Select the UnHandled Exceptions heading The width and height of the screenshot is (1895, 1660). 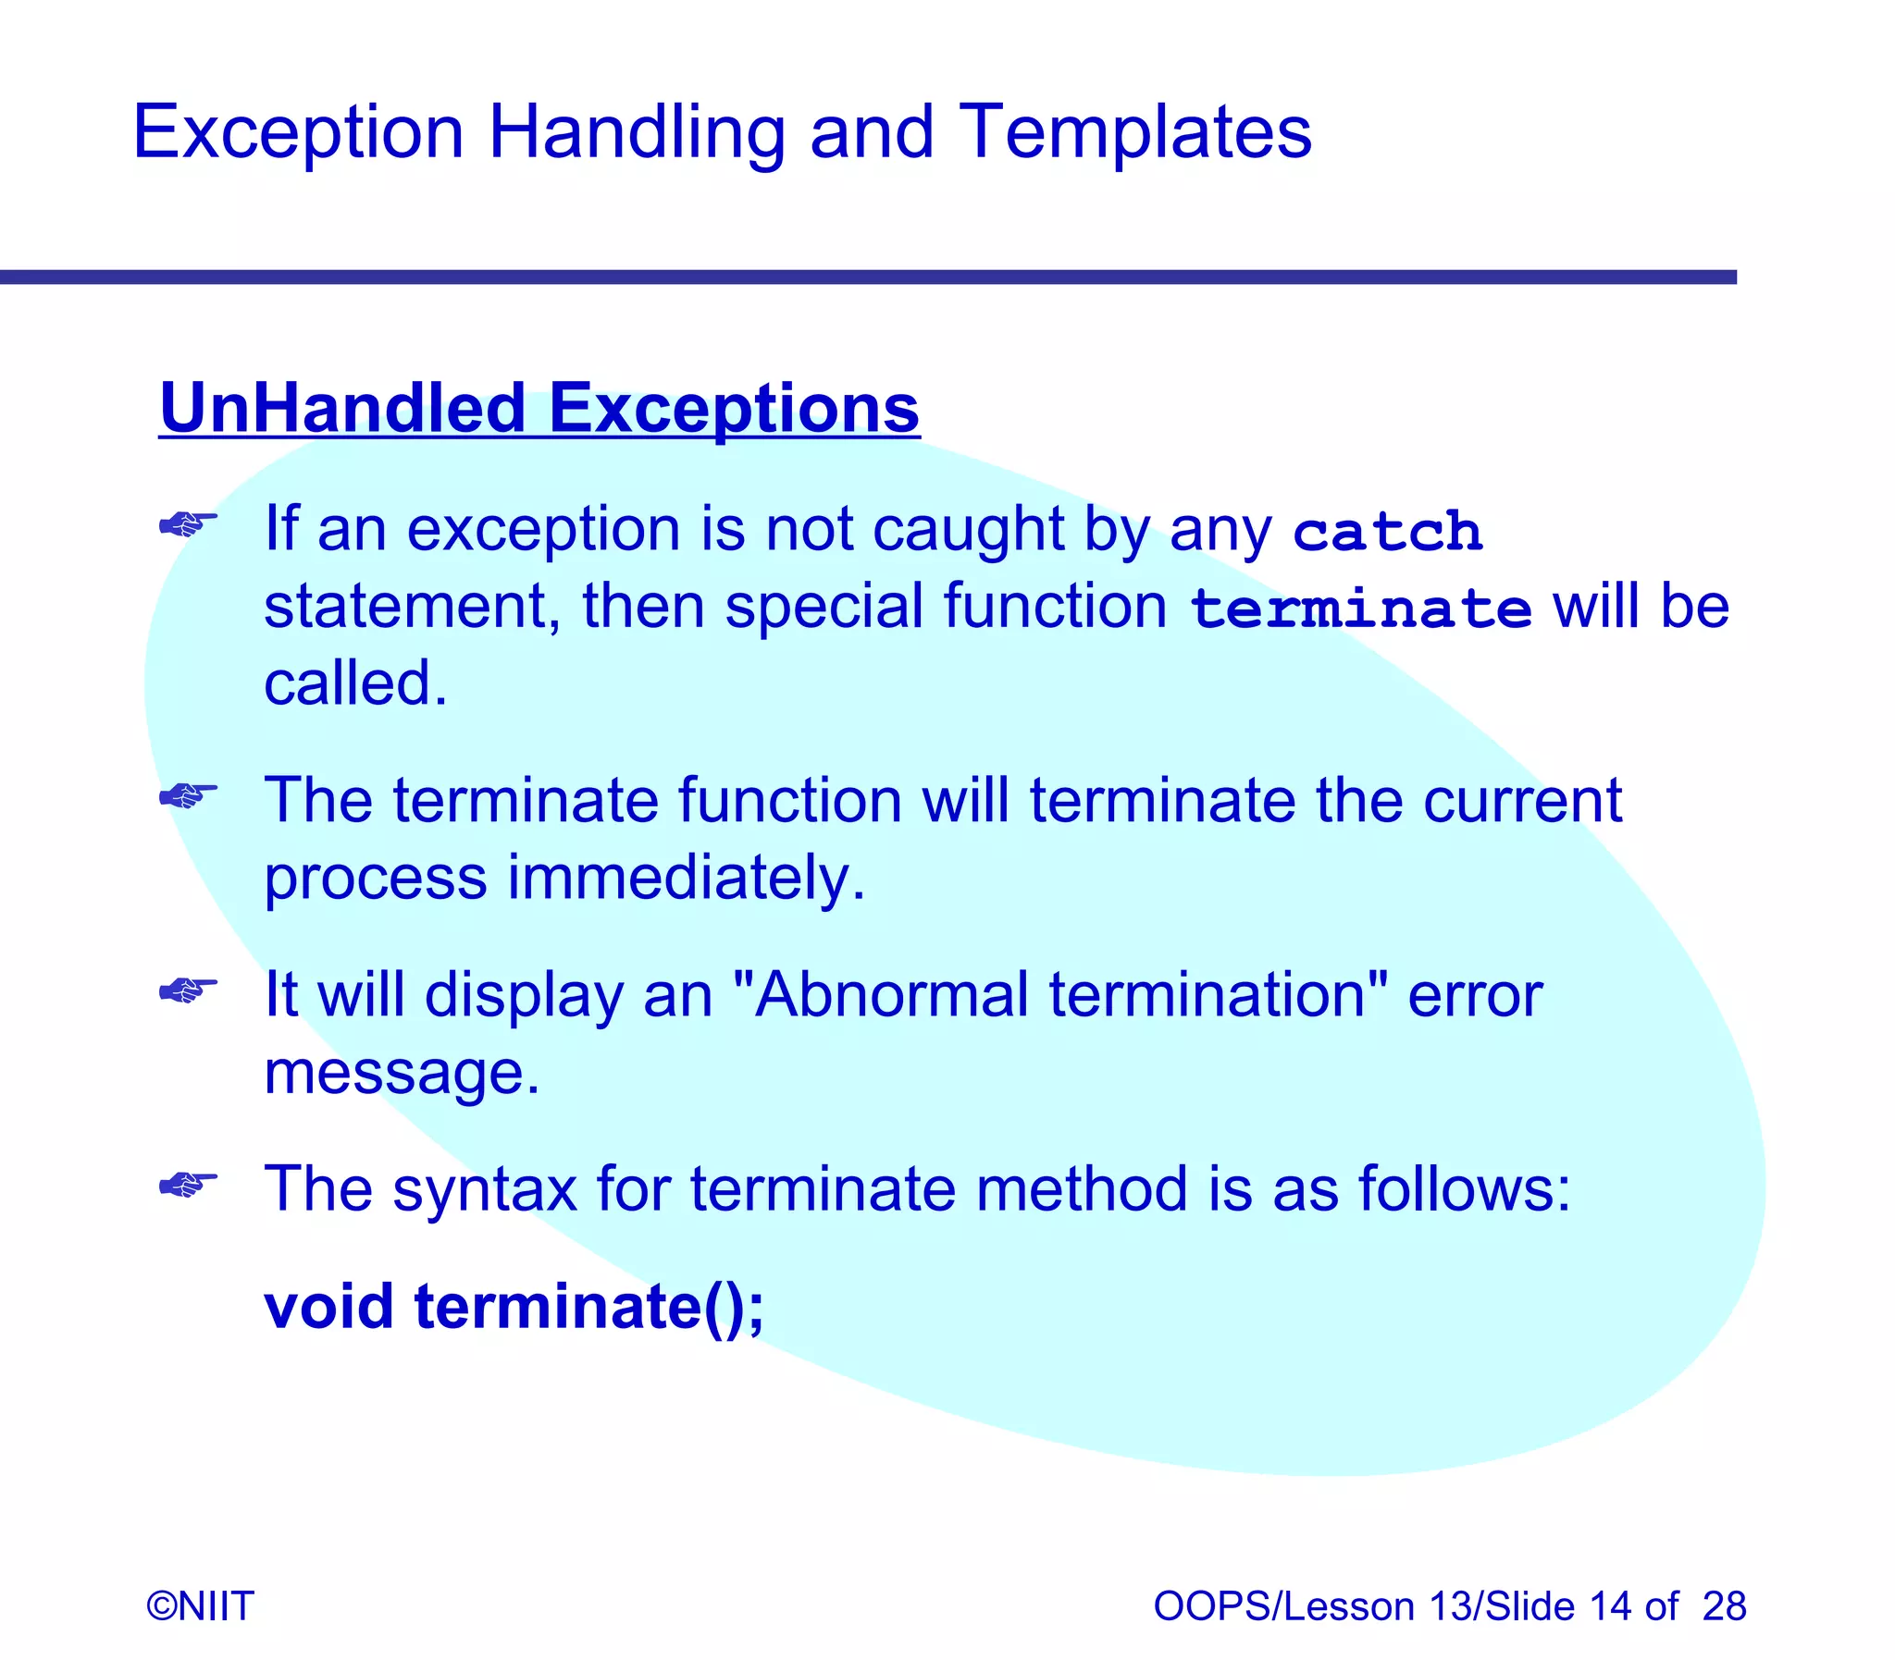[x=539, y=409]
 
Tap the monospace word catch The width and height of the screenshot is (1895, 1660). [x=1387, y=534]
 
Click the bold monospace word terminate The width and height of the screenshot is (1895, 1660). [x=1360, y=610]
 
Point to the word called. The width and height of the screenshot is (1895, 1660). [x=354, y=683]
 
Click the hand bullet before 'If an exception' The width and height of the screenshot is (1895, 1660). [x=188, y=525]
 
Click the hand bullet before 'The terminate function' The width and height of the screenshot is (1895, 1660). [x=188, y=795]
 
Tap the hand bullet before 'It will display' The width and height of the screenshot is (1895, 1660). [x=188, y=991]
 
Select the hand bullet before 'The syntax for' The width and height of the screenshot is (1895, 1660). [x=188, y=1185]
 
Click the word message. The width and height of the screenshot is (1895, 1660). [x=401, y=1073]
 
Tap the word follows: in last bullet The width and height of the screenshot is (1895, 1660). [x=1464, y=1189]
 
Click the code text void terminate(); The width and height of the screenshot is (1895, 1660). [x=514, y=1307]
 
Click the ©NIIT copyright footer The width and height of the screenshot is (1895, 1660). [x=200, y=1606]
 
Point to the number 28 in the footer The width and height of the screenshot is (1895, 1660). [x=1724, y=1606]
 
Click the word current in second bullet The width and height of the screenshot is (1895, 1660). [x=1522, y=800]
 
